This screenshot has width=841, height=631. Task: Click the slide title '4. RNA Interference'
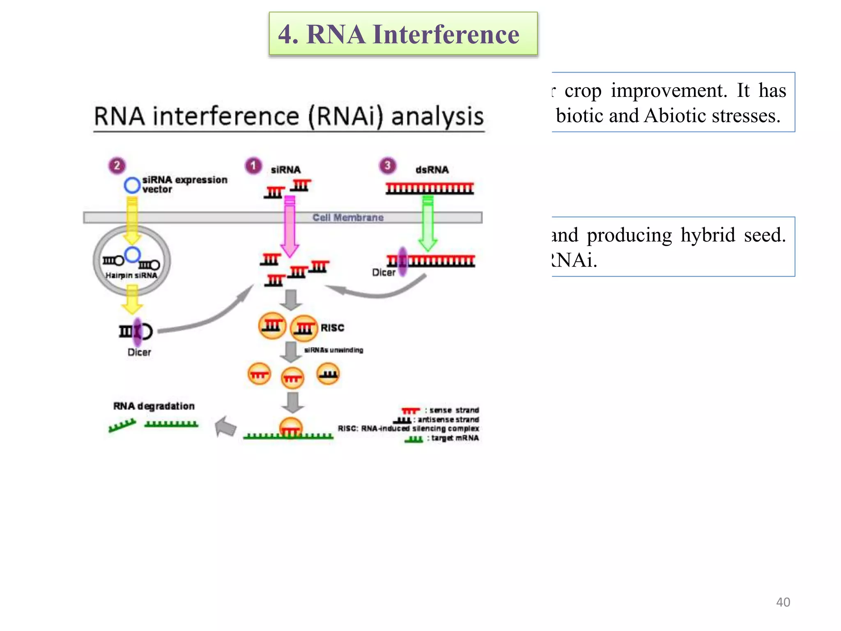[398, 34]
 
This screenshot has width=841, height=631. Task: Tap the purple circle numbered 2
[117, 166]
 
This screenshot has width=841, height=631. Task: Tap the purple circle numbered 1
[253, 166]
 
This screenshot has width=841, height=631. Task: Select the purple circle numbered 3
[387, 166]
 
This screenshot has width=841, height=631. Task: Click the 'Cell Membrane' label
[348, 218]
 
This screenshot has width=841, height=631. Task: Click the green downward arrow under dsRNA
[428, 224]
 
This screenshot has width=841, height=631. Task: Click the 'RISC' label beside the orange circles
[332, 328]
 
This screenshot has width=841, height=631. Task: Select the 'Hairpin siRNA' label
[131, 276]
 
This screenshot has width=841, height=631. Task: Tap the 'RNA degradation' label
[154, 406]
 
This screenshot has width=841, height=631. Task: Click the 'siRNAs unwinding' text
[333, 350]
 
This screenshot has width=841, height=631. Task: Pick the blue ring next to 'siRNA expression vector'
[132, 185]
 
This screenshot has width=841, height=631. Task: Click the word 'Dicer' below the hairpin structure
[139, 352]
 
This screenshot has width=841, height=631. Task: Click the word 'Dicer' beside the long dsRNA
[384, 272]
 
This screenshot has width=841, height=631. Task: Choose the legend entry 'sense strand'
[454, 410]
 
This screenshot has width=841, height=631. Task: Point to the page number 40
[783, 602]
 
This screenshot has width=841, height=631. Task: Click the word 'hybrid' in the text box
[708, 235]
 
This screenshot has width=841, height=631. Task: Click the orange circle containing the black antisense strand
[328, 373]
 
